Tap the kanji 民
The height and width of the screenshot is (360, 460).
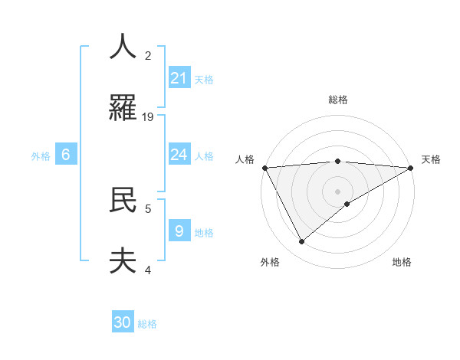(123, 200)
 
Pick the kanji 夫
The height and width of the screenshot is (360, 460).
(123, 261)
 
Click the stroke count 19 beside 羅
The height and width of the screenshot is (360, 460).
(149, 116)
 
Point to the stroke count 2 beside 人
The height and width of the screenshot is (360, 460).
(148, 55)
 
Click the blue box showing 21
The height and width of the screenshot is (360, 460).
(179, 78)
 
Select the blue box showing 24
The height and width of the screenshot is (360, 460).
(179, 155)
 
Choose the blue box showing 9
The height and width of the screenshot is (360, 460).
(179, 231)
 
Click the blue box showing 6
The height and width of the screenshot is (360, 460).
(66, 155)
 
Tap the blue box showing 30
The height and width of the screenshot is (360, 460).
(123, 322)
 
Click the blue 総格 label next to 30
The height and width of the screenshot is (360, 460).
(147, 324)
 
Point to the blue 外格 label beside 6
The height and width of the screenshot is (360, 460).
(41, 156)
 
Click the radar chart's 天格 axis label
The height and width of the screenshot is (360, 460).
(432, 159)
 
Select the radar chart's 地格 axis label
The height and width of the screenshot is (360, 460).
(402, 262)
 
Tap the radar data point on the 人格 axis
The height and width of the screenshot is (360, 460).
(264, 168)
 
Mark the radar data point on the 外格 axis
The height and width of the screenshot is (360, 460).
(301, 241)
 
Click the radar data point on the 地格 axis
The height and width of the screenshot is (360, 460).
(347, 204)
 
